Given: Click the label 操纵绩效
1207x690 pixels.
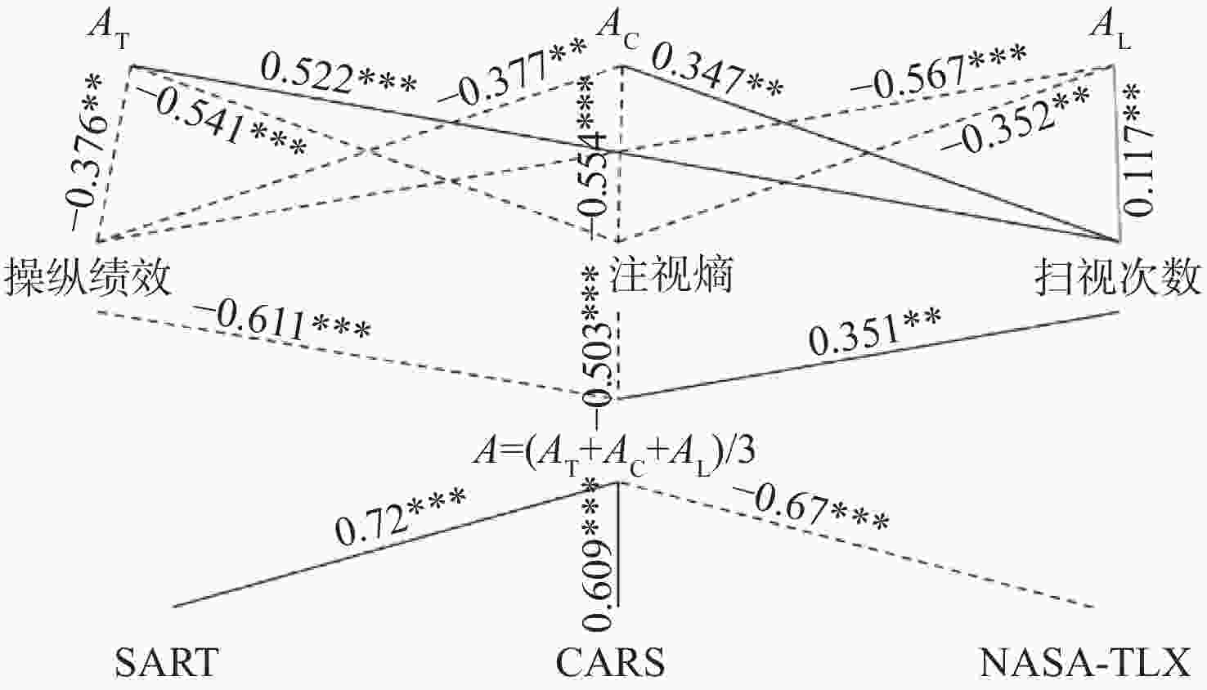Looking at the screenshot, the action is coord(88,276).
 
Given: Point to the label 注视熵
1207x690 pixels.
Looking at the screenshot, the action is coord(671,274).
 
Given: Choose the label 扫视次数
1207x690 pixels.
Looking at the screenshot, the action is coord(1118,276).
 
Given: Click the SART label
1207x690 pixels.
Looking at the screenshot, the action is coord(167,662).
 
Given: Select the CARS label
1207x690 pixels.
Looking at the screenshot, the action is coord(610,662).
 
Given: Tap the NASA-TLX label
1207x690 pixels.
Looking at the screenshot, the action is coord(1085,662).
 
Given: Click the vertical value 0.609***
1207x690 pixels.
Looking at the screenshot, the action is coord(598,554).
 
